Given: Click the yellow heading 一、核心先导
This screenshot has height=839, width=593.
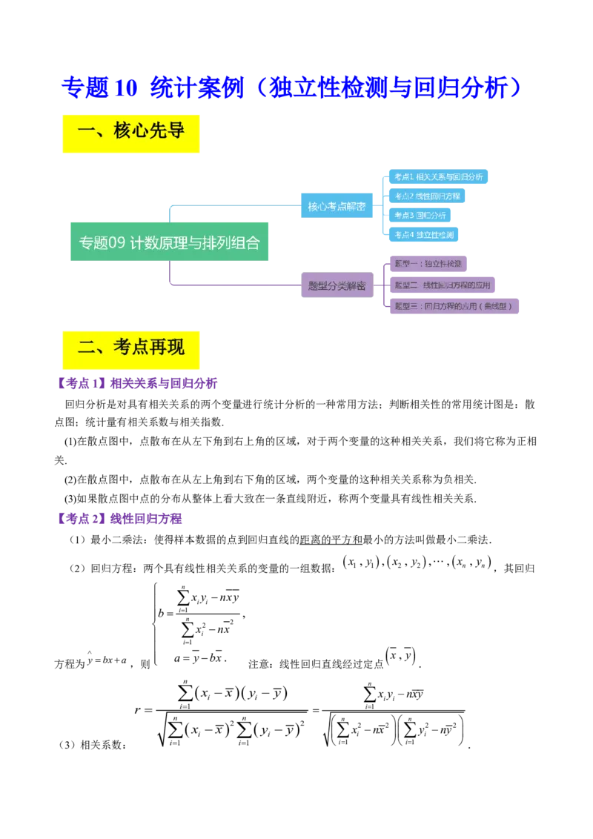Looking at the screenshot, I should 130,133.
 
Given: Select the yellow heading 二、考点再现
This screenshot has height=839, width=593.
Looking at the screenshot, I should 130,348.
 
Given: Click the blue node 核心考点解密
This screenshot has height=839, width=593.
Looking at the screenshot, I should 336,206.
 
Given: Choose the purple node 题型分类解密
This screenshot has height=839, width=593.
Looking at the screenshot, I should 336,285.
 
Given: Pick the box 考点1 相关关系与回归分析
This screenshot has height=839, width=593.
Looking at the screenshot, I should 438,176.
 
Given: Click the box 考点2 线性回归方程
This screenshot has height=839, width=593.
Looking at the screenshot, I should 427,196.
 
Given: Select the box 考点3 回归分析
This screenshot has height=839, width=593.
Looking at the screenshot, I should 420,215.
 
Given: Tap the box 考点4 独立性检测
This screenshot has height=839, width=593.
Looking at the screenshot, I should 423,234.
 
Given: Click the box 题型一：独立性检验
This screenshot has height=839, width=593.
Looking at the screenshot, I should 427,263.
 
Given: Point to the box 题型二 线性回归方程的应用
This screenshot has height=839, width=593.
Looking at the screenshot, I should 442,285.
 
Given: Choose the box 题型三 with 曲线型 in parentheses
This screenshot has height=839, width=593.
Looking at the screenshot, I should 453,305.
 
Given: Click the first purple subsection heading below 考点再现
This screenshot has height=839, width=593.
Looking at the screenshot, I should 137,383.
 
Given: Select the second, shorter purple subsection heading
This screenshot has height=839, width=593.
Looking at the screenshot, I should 119,519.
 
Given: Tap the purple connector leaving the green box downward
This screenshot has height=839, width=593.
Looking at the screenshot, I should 170,272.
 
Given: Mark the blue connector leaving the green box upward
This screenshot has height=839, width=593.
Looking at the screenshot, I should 170,211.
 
